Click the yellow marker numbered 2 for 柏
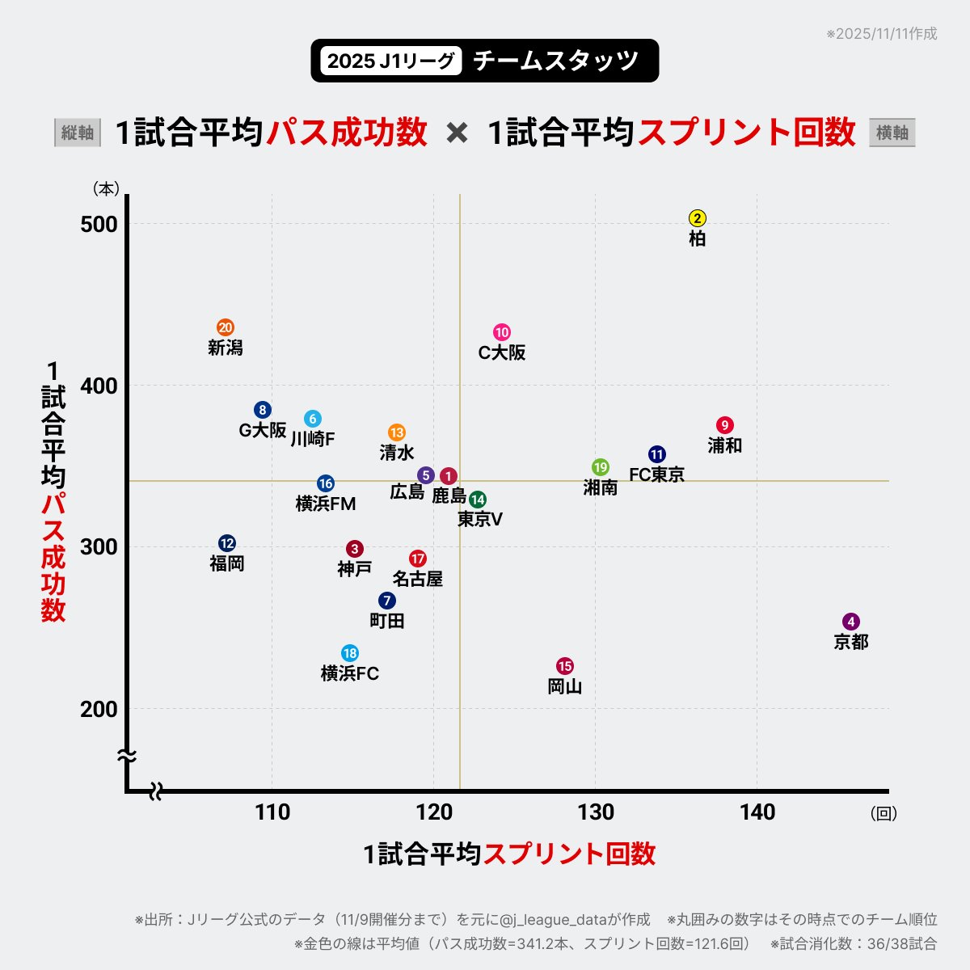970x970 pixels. pos(698,218)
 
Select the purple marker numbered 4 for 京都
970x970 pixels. pos(850,622)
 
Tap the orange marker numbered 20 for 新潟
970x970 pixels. pos(226,327)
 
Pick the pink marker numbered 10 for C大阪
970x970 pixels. pos(502,332)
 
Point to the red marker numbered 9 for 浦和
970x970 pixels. pos(725,425)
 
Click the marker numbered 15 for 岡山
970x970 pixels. pos(565,666)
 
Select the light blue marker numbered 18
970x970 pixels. pos(350,653)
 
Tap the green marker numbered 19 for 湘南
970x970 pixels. pos(601,467)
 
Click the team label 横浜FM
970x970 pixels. pos(326,504)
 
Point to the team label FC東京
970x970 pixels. pos(657,474)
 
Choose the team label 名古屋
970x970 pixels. pos(418,579)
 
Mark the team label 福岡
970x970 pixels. pos(227,563)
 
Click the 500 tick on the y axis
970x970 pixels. pos(99,224)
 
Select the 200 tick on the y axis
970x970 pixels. pos(99,709)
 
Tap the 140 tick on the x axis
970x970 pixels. pos(757,812)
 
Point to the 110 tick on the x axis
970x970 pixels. pos(272,812)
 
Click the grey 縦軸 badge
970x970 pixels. pos(78,133)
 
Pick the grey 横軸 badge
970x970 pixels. pos(892,133)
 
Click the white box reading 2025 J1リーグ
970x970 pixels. pos(391,61)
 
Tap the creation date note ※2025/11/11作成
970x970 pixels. pos(881,34)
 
